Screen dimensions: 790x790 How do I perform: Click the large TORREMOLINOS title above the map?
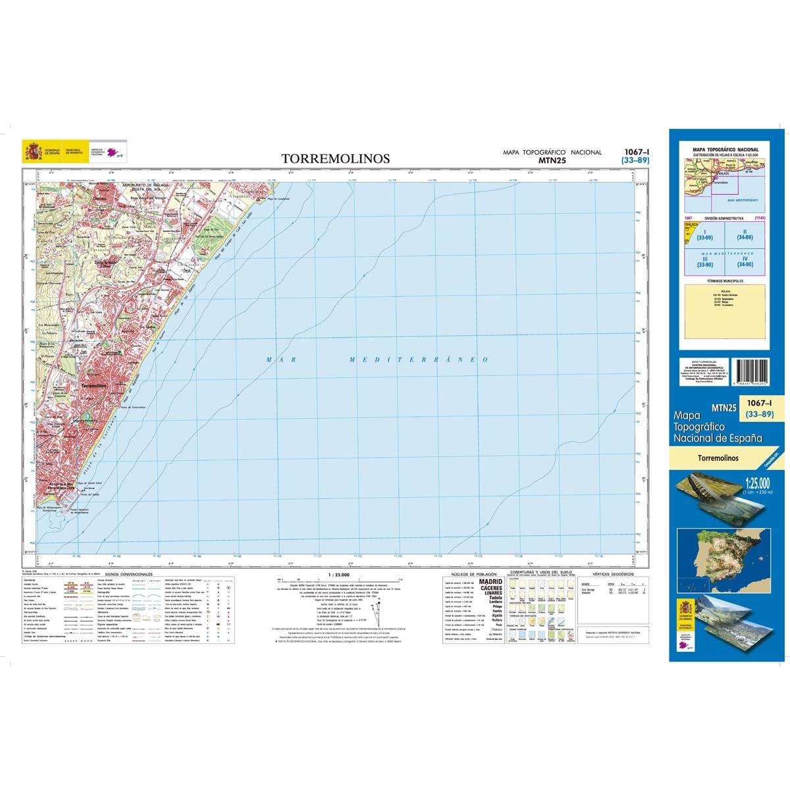click(x=336, y=159)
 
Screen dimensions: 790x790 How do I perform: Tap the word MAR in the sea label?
click(x=279, y=359)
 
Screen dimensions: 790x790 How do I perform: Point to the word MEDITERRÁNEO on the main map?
click(x=418, y=359)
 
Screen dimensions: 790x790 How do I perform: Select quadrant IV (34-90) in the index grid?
click(x=745, y=262)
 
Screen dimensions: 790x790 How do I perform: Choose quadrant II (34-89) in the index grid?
click(x=745, y=234)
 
